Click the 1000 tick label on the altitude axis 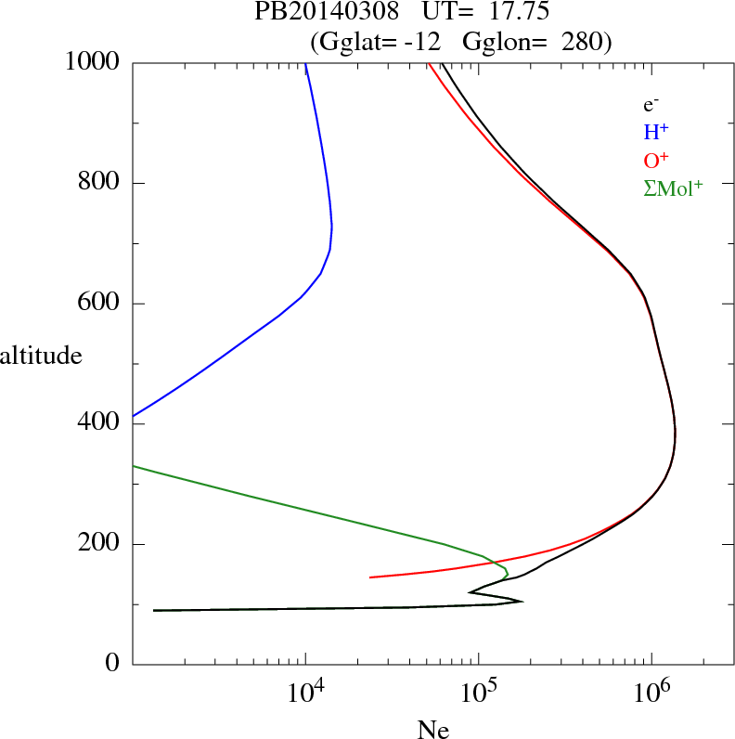click(x=93, y=62)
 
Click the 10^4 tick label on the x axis click(x=304, y=694)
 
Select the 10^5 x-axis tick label click(x=477, y=694)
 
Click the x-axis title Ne click(x=433, y=730)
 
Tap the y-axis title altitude click(x=40, y=356)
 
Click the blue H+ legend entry click(x=655, y=134)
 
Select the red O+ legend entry click(x=655, y=161)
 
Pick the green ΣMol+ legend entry click(x=672, y=188)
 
